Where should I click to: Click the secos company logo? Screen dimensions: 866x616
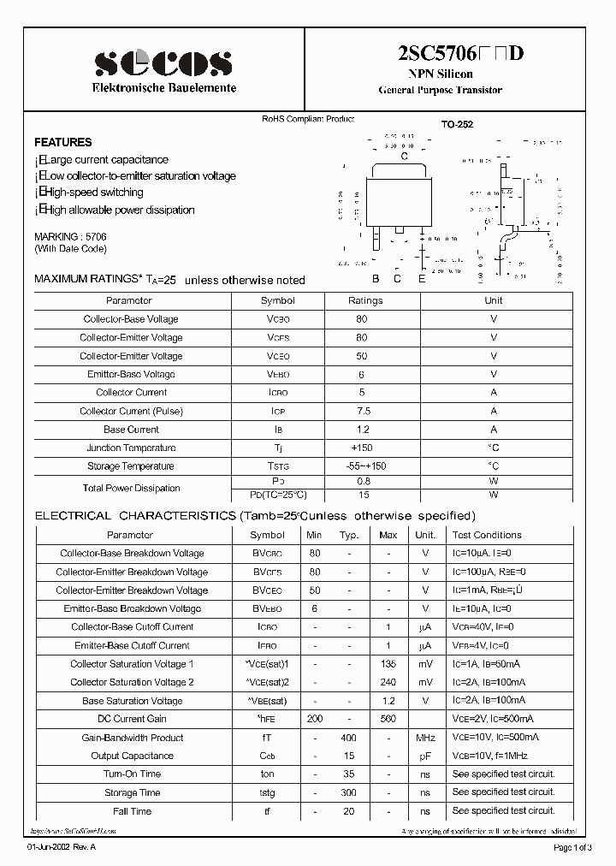pos(163,62)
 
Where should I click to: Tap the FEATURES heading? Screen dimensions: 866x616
pos(62,142)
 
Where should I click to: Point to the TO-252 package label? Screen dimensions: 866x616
pos(457,124)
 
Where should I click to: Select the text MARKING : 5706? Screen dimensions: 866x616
pos(70,236)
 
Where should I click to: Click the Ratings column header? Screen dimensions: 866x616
pos(364,300)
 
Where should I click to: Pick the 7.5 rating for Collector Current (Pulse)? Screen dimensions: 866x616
pos(362,411)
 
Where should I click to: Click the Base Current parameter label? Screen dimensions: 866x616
pos(131,430)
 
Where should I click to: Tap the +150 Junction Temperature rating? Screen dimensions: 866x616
pos(362,448)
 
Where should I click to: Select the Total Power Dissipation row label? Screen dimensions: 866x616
pos(131,488)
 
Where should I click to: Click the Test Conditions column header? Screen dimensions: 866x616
pos(487,535)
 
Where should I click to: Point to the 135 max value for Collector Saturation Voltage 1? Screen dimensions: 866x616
pos(388,664)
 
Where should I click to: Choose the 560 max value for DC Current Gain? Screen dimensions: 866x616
pos(388,719)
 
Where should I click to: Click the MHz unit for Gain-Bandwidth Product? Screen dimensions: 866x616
pos(425,738)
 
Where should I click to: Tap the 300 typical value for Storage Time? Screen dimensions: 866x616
pos(348,792)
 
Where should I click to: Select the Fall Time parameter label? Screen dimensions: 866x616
pos(132,810)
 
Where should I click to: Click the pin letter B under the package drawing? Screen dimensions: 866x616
pos(375,279)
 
